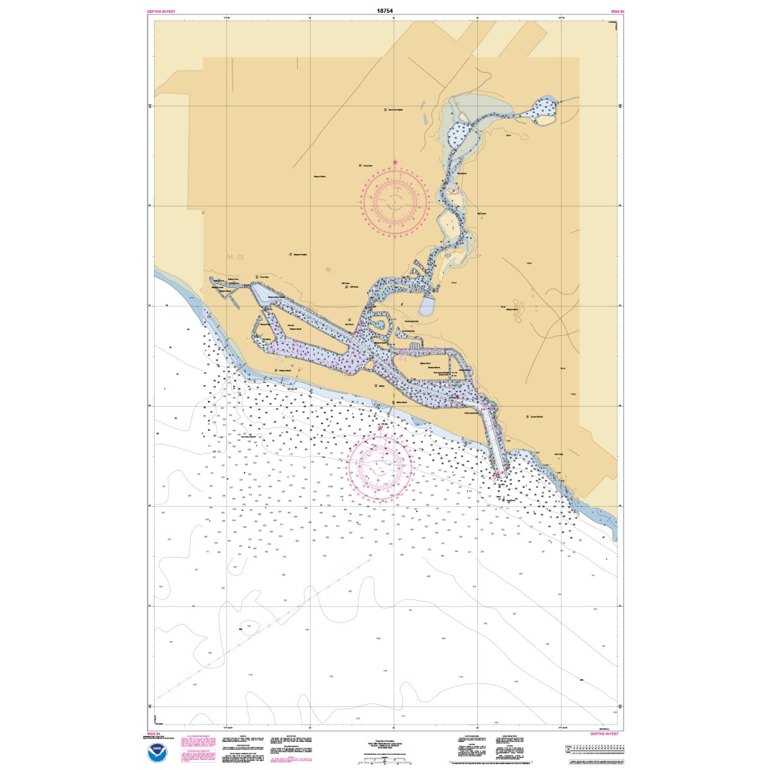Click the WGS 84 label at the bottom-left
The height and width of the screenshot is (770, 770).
(153, 733)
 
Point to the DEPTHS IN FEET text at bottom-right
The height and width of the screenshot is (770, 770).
(605, 733)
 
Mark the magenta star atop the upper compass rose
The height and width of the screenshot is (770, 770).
(395, 162)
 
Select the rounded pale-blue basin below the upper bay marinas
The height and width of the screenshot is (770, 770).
(429, 305)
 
